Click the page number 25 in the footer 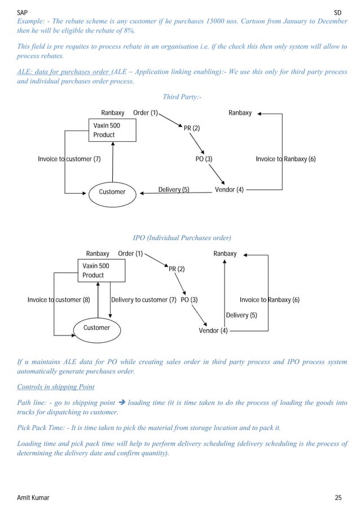(x=338, y=497)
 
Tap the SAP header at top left (x=23, y=11)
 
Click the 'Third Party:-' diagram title (x=182, y=97)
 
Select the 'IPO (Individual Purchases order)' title (x=182, y=238)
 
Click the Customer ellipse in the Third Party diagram (x=112, y=192)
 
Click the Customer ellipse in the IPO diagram (x=96, y=328)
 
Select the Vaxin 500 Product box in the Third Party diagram (x=113, y=130)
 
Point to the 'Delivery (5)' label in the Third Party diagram (x=174, y=190)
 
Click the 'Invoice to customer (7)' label (x=69, y=159)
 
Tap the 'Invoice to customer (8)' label (x=59, y=300)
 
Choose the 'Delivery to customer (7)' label (x=144, y=300)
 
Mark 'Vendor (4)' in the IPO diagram (x=213, y=330)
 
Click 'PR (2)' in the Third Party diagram (x=192, y=128)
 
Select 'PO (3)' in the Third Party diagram (x=204, y=159)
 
